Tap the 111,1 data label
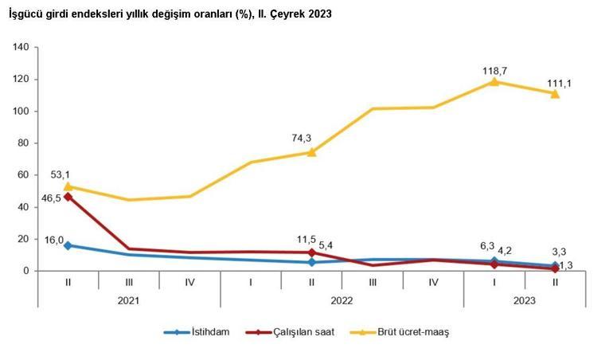(x=555, y=83)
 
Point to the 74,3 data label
(x=303, y=138)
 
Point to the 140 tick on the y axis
(x=21, y=48)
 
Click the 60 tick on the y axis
(x=24, y=175)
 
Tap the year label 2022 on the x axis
(x=342, y=300)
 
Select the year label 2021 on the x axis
(x=128, y=300)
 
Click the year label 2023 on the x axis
(x=525, y=300)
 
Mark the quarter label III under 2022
(x=373, y=281)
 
